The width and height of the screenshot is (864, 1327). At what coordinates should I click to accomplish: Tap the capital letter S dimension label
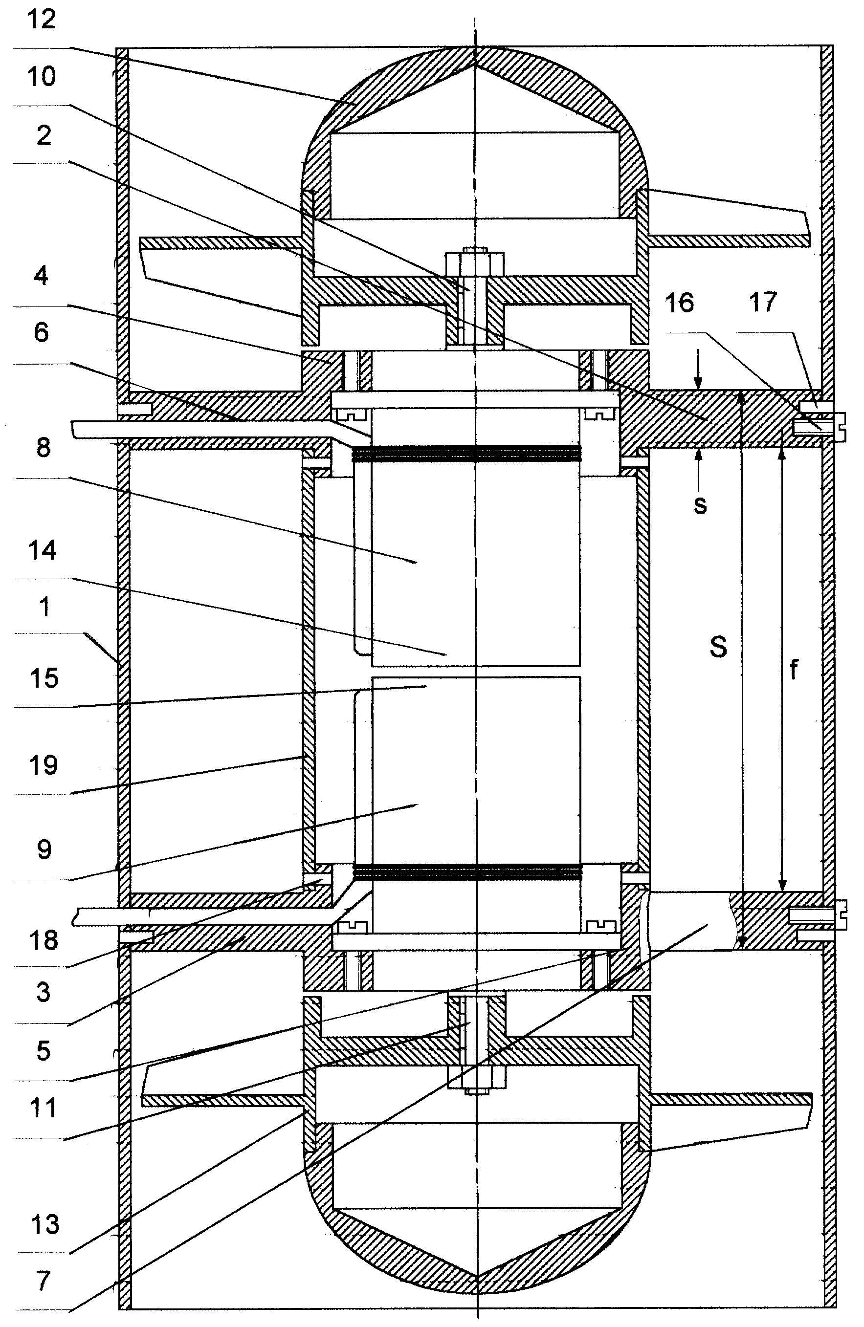pyautogui.click(x=718, y=647)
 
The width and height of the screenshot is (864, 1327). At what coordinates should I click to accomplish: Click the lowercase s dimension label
pyautogui.click(x=700, y=504)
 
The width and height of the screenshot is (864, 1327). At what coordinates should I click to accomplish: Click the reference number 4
pyautogui.click(x=41, y=276)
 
